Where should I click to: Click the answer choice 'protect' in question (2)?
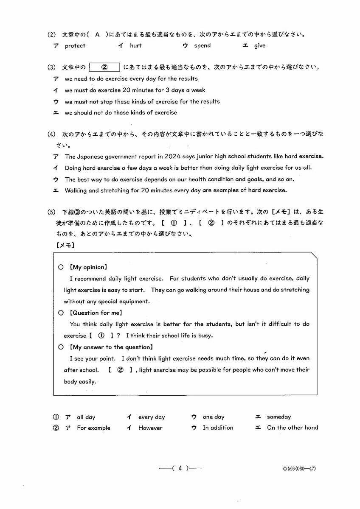75,46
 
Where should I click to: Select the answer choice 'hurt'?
136,46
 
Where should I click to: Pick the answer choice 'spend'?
202,46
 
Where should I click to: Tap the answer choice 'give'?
259,46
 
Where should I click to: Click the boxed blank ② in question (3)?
104,67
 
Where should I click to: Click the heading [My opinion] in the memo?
88,267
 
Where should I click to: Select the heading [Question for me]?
96,313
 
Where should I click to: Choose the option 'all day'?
86,417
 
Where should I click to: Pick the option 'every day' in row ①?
152,417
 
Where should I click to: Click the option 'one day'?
214,417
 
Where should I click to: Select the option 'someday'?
279,417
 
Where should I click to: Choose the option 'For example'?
93,428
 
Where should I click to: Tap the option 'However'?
150,428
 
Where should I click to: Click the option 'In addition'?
218,428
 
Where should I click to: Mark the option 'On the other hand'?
292,428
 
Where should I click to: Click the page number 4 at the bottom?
180,468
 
